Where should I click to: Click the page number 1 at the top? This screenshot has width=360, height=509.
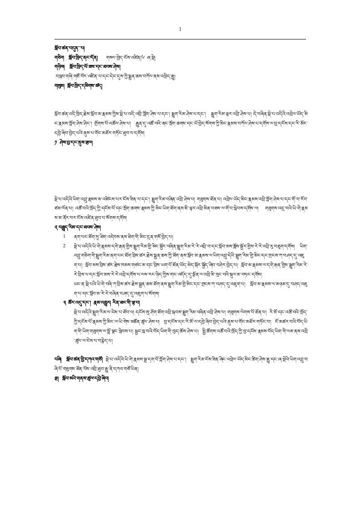tap(180, 29)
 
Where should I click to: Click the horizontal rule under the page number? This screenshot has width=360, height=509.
tap(180, 39)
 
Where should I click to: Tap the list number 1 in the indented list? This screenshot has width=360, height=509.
tap(65, 236)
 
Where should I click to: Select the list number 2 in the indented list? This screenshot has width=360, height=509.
tap(65, 245)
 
